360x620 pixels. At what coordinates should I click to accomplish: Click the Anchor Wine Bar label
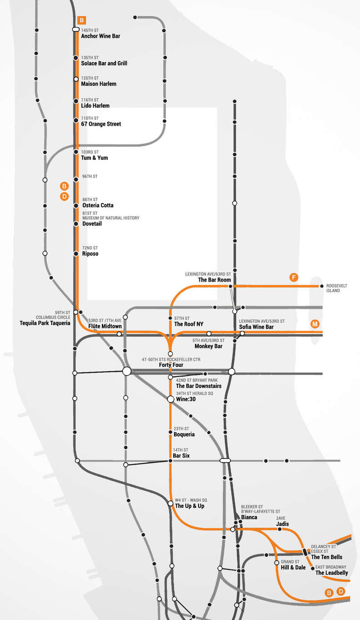(100, 36)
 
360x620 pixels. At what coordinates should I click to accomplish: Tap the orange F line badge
(294, 278)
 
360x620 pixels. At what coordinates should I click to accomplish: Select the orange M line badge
(315, 324)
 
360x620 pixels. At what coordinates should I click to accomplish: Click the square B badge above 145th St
(82, 20)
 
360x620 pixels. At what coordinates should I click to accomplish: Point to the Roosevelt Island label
(336, 288)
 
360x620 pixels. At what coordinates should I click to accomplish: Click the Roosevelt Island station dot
(321, 286)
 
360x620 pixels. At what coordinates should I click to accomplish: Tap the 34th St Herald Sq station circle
(170, 399)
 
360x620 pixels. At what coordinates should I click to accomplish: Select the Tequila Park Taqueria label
(45, 323)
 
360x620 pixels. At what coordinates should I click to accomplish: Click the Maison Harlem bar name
(99, 84)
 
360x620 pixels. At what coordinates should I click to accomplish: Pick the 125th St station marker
(76, 79)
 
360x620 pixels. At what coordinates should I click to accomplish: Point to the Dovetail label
(92, 223)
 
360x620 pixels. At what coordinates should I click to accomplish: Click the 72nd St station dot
(76, 253)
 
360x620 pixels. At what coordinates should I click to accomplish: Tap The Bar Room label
(215, 280)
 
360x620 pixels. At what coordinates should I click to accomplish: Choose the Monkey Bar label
(208, 346)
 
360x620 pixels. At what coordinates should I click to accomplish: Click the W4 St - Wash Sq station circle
(170, 503)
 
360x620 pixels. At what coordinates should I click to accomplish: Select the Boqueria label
(184, 435)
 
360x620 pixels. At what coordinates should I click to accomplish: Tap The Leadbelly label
(331, 573)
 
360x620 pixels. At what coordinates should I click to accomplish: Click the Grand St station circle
(276, 563)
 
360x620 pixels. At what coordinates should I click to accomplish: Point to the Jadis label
(282, 524)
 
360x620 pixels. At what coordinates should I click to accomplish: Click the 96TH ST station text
(90, 176)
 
